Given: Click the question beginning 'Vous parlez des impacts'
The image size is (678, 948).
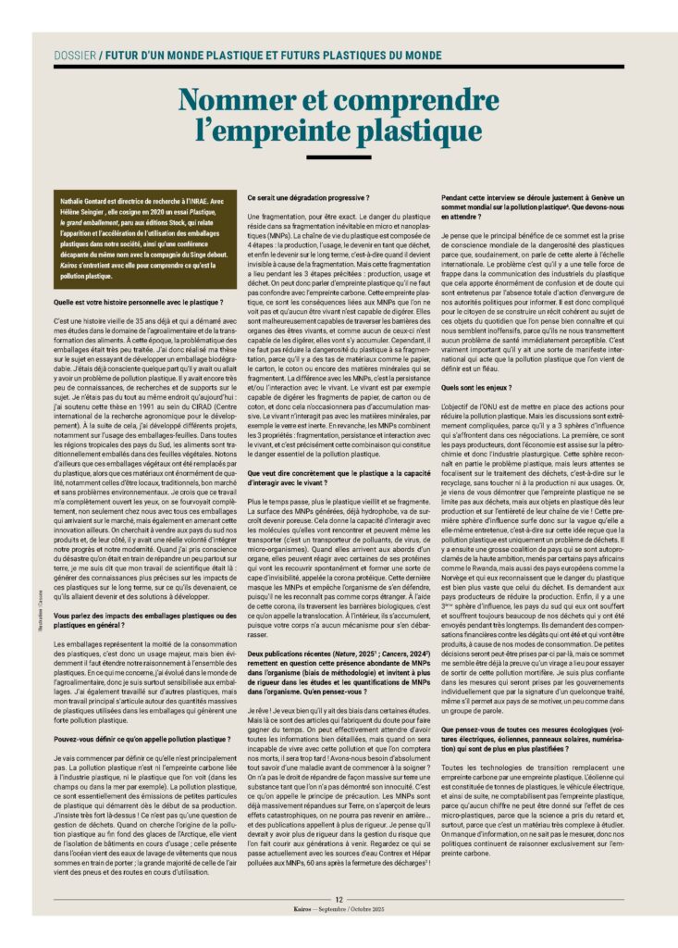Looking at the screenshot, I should point(143,619).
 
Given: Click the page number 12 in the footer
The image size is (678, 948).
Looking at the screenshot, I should point(339,897).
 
